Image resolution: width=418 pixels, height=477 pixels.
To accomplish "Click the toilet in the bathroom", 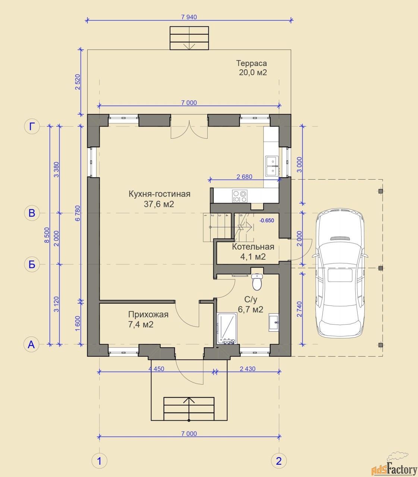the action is [257, 282].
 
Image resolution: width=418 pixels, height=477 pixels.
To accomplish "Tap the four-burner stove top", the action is [240, 196].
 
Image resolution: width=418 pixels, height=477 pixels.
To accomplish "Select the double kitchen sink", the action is [272, 166].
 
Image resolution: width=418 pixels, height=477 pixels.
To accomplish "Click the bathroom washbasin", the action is [274, 322].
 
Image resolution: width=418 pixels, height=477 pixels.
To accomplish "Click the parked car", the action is [340, 273].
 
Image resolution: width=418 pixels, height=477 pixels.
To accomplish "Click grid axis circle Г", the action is [32, 126].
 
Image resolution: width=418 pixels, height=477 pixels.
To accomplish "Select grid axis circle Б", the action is [32, 264].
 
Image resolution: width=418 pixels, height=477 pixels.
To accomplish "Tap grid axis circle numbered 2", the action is [279, 461].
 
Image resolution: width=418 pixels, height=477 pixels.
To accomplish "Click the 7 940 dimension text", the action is [189, 17].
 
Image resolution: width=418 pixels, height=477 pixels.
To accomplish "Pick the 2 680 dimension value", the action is [244, 177].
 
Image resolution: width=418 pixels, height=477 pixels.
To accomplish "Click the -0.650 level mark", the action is [267, 220].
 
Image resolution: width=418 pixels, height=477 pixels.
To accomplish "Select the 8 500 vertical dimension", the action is [47, 235].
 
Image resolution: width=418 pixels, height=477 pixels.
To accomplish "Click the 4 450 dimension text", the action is [156, 369].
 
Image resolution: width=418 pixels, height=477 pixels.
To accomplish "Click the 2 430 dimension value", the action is [248, 369].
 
